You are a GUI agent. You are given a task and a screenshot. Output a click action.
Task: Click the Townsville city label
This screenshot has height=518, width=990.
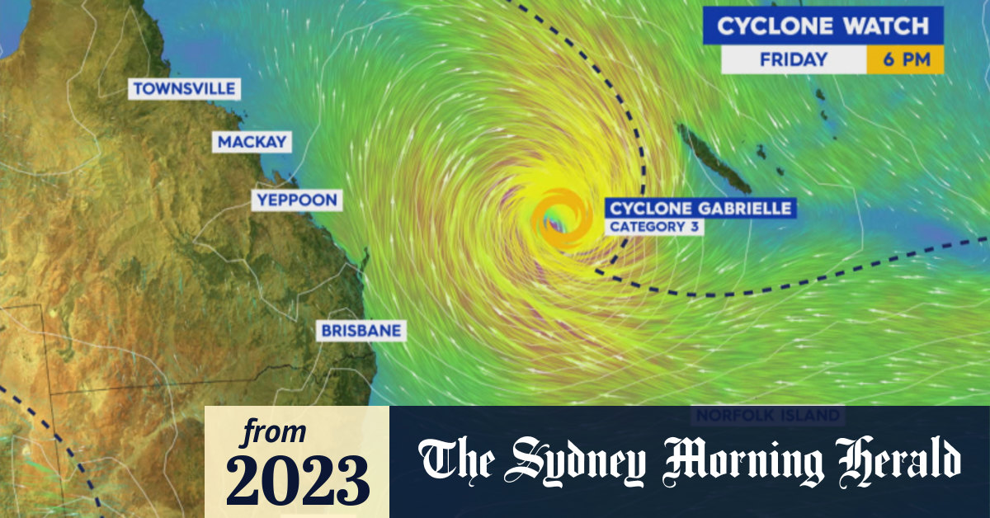tap(184, 88)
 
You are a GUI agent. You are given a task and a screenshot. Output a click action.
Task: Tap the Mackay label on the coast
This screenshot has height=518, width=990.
tap(252, 142)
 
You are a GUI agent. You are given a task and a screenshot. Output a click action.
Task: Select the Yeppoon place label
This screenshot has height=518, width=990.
tap(296, 200)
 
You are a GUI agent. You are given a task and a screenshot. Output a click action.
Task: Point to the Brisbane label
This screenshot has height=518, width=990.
tap(361, 331)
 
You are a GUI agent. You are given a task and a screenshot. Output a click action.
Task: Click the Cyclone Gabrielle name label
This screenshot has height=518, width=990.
tap(700, 208)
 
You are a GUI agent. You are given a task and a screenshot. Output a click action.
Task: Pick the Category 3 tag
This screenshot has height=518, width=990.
tap(653, 227)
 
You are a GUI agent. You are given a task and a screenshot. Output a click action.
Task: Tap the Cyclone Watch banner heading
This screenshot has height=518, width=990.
tap(822, 26)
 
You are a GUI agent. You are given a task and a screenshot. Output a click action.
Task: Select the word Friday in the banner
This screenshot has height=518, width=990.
tap(793, 59)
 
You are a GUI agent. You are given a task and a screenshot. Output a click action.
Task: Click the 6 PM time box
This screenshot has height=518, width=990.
tap(904, 59)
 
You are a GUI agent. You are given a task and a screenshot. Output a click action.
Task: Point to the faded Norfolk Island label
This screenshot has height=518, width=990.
tap(767, 415)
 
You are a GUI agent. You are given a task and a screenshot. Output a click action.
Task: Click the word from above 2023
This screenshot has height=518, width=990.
tap(275, 432)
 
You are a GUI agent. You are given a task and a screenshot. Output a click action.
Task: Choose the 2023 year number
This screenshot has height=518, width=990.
tap(297, 478)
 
